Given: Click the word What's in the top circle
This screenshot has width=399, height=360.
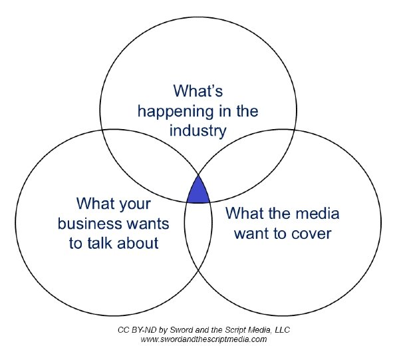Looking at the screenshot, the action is (x=198, y=90).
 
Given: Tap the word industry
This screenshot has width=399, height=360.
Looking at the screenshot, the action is (x=198, y=131).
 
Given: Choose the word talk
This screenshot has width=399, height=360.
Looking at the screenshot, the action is (x=100, y=243).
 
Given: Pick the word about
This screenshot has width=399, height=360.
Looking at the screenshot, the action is (x=138, y=243).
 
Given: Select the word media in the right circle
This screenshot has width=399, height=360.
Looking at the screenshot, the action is (x=317, y=213).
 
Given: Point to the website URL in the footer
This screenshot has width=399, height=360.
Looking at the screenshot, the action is (x=203, y=339).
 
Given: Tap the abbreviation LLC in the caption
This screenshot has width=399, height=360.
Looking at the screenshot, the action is (x=283, y=330).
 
